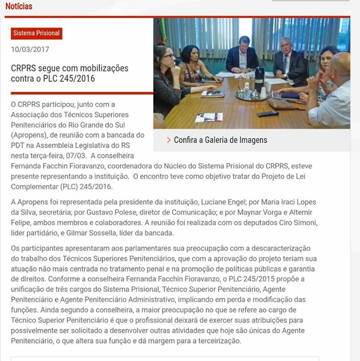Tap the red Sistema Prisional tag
(x=37, y=33)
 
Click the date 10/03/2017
(x=30, y=49)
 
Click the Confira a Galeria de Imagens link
(x=220, y=140)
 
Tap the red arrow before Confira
(x=168, y=140)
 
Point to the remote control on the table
(x=268, y=113)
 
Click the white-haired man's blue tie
(x=286, y=64)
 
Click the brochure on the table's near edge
(x=208, y=117)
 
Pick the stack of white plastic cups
(x=263, y=93)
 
